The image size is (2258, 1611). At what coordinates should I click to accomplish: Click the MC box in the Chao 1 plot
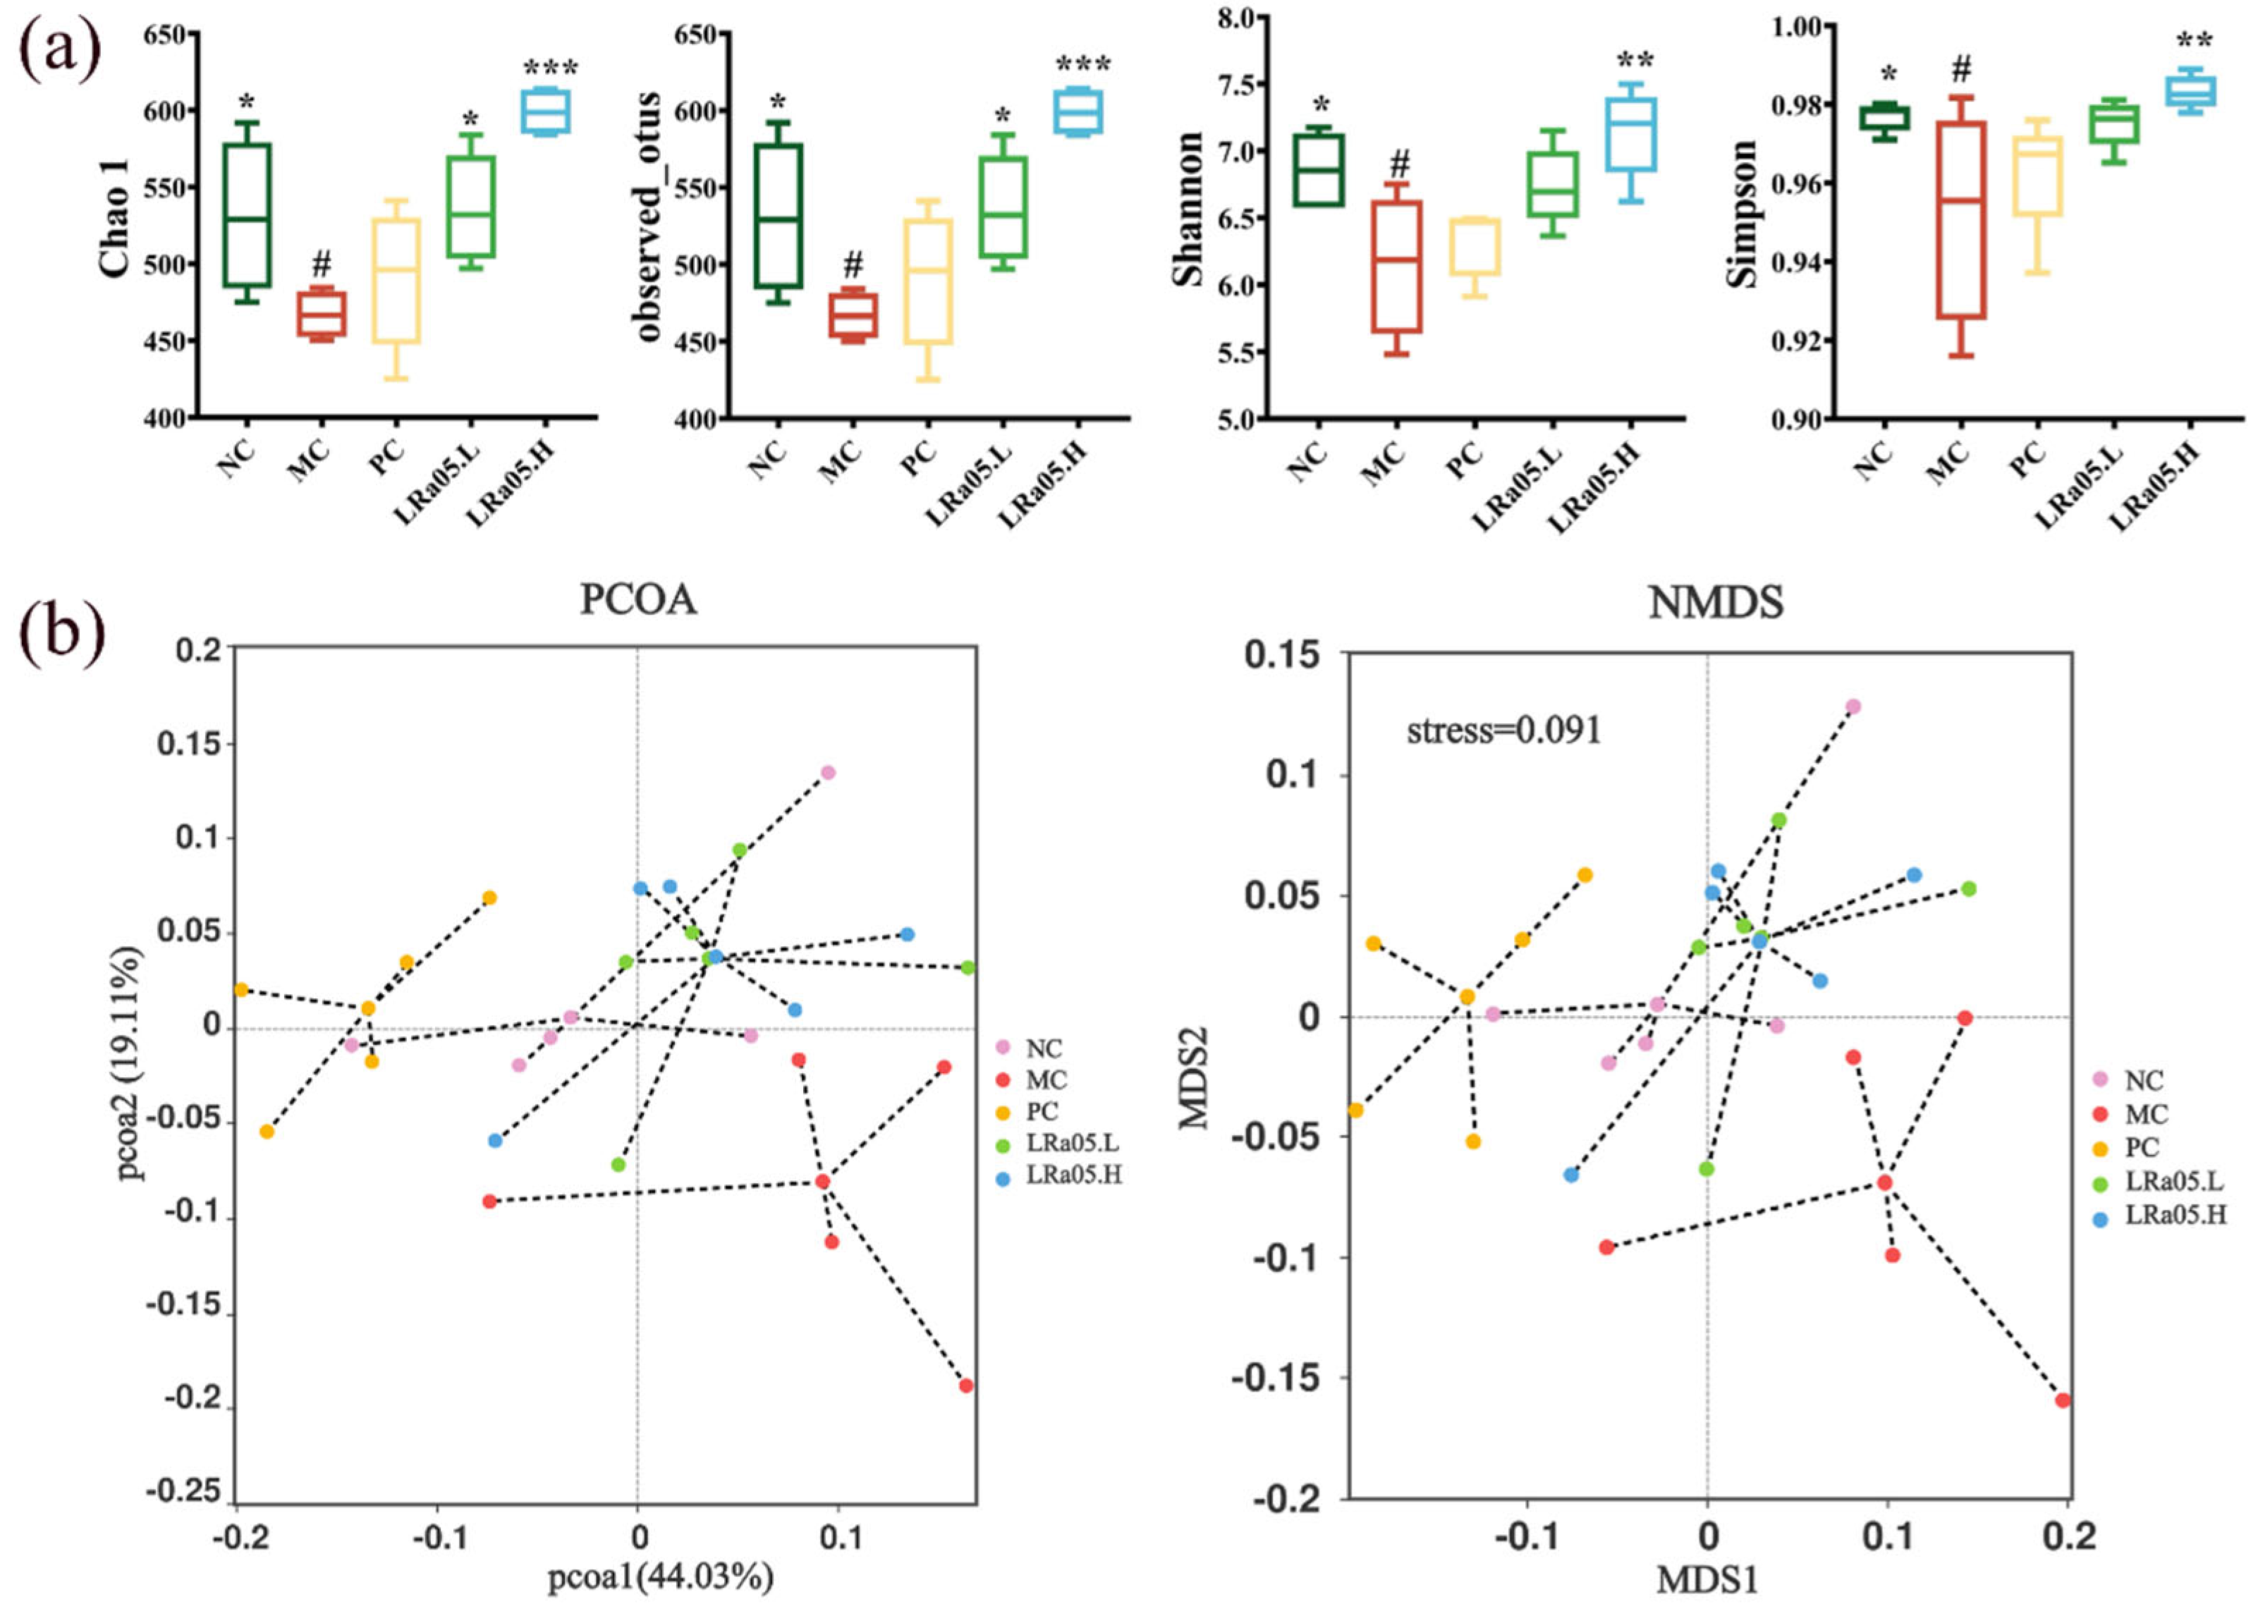322,314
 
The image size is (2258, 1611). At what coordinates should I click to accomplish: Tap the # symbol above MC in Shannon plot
1399,164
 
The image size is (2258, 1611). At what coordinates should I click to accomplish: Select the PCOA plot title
638,600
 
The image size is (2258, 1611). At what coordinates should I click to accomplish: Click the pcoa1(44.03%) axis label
660,1575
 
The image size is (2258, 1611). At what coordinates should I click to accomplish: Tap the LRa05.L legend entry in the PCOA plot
1061,1144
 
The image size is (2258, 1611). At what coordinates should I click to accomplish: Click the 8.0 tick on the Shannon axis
1234,18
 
